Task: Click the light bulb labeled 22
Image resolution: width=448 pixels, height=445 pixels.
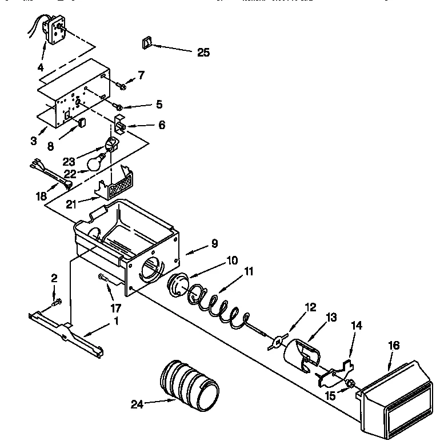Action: coord(98,162)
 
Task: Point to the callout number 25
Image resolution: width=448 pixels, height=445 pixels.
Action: coord(203,53)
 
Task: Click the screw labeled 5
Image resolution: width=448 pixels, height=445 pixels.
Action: coord(118,106)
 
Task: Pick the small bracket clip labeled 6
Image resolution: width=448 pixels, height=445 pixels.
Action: coord(121,123)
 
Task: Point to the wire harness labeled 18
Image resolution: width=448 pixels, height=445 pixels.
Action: coord(51,174)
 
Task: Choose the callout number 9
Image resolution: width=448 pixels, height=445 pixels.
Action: coord(214,243)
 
